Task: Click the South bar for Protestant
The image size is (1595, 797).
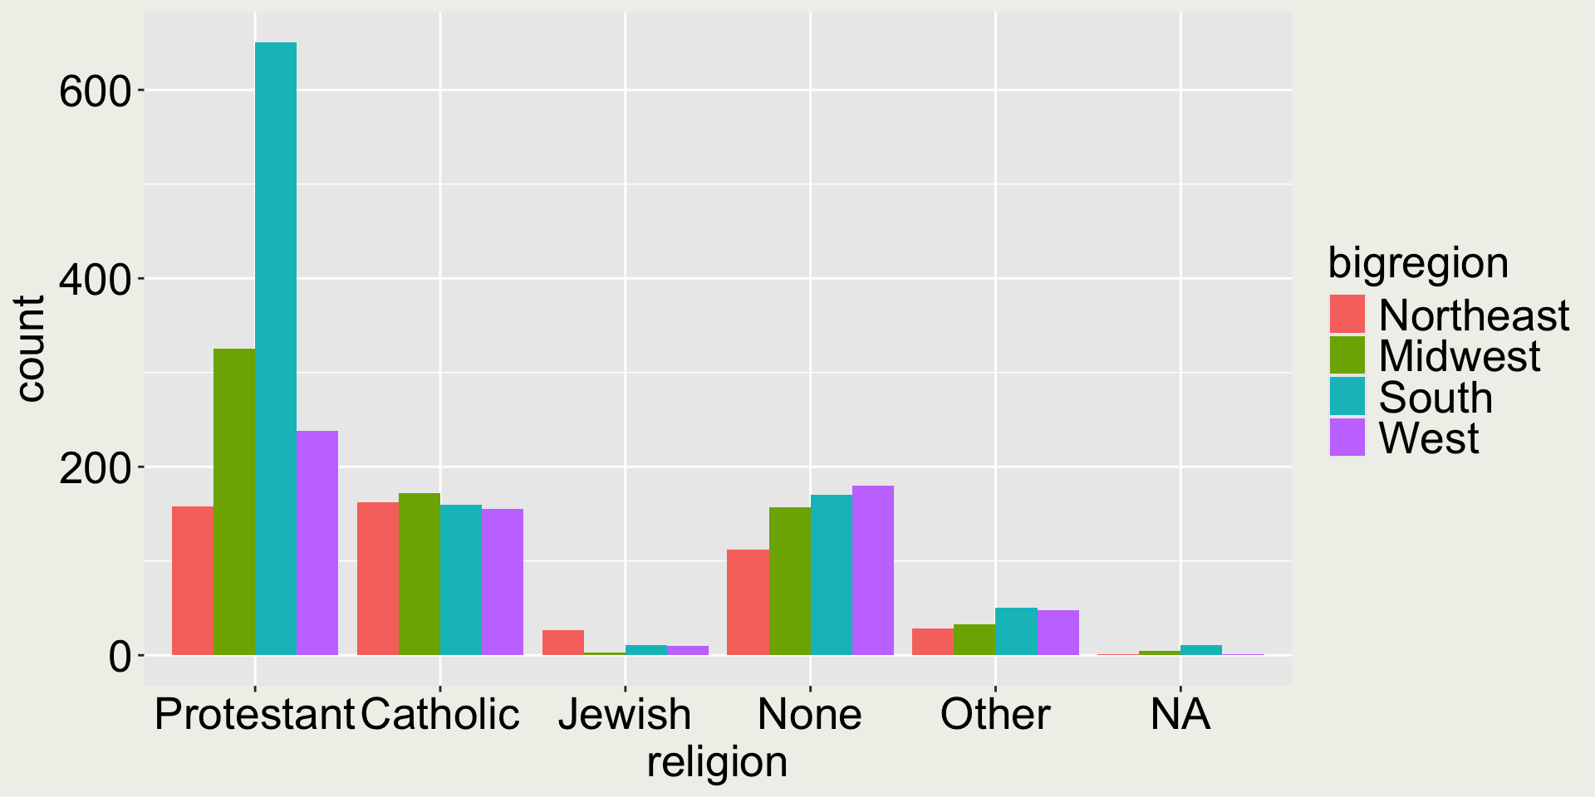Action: (x=276, y=349)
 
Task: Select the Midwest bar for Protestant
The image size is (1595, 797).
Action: (x=234, y=501)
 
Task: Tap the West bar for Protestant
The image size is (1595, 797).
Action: (x=317, y=543)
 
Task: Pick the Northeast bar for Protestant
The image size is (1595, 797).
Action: (x=193, y=580)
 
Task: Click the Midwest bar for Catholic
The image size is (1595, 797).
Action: (x=420, y=574)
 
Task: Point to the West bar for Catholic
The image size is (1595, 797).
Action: (x=503, y=582)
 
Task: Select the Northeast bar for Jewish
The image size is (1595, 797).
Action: (x=563, y=643)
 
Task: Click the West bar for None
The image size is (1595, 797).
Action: (x=873, y=570)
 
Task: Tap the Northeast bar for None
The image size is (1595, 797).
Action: (x=748, y=602)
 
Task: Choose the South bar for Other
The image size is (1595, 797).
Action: (x=1017, y=631)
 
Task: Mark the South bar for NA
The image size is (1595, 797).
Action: (x=1201, y=650)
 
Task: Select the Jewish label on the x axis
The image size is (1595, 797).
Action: (x=625, y=714)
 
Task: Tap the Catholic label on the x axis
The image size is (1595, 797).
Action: (x=440, y=714)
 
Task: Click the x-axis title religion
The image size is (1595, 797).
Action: (x=717, y=762)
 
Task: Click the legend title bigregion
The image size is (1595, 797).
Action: (x=1418, y=263)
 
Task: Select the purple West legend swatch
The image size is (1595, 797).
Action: (x=1347, y=438)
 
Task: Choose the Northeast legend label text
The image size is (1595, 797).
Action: (x=1474, y=315)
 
